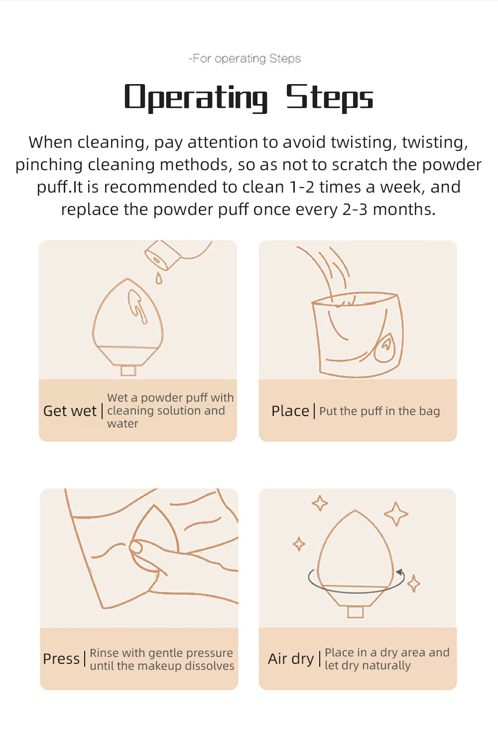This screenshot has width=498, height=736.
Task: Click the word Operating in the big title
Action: click(x=196, y=98)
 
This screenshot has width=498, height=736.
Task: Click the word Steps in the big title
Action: click(x=330, y=98)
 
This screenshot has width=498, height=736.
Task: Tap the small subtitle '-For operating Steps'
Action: click(x=245, y=59)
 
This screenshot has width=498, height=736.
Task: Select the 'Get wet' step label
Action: click(x=70, y=411)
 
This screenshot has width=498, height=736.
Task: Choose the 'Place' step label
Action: click(x=290, y=411)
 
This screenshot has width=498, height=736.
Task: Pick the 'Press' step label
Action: click(x=61, y=659)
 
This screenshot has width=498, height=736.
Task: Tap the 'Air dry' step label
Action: click(x=291, y=659)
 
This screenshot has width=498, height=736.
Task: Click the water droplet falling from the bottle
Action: click(x=159, y=278)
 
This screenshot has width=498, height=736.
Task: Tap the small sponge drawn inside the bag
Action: click(x=384, y=348)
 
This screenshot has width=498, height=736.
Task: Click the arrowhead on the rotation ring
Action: click(x=400, y=572)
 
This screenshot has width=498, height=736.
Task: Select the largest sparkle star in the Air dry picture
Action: click(x=396, y=514)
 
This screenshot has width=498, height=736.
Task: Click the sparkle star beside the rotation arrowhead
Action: click(x=413, y=584)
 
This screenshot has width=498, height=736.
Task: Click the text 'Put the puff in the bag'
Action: click(x=379, y=411)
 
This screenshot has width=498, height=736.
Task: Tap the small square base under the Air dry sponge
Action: click(x=356, y=613)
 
